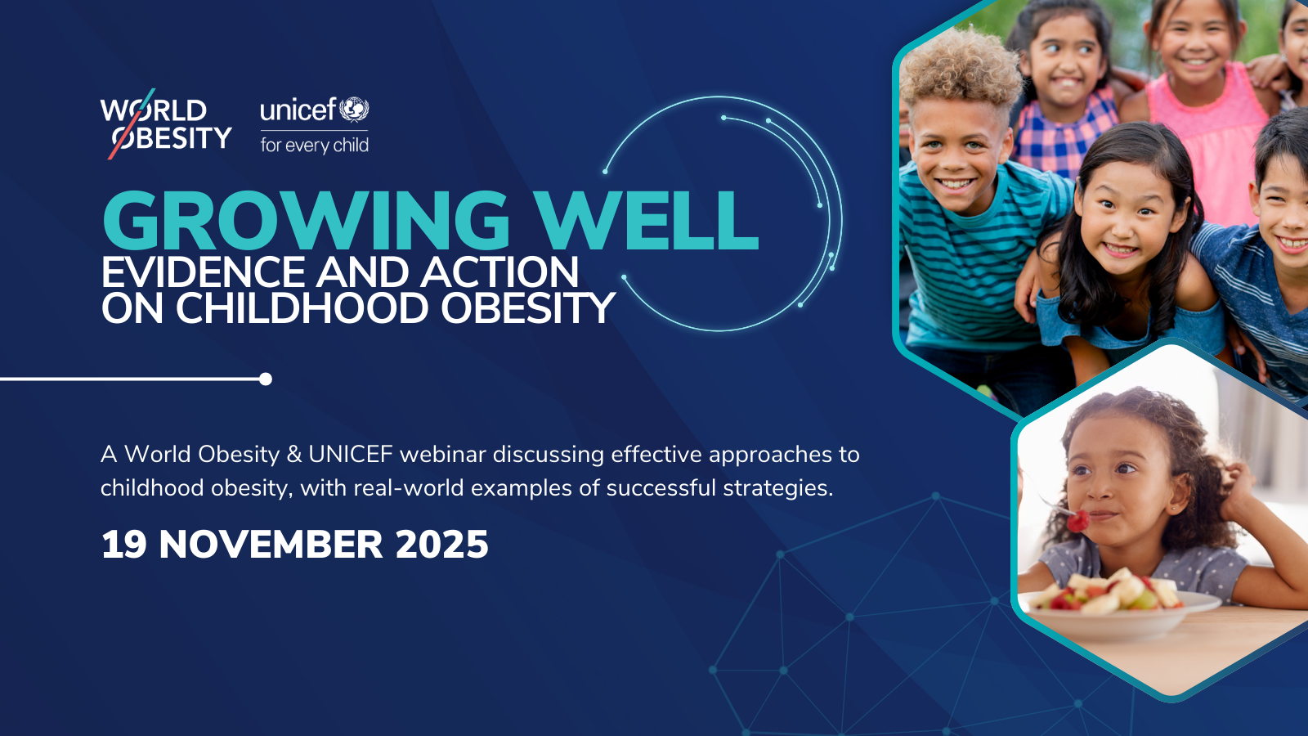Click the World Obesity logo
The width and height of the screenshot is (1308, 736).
tap(166, 123)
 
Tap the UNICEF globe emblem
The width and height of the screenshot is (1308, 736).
tap(355, 110)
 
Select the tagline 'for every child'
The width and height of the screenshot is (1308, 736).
tap(314, 145)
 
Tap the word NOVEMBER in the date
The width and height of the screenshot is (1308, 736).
tap(271, 545)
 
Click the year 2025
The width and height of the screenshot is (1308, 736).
tap(441, 545)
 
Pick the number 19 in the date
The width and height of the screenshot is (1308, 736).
tap(123, 545)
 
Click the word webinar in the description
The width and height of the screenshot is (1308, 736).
tap(442, 455)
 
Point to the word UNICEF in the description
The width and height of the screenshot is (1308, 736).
tap(351, 455)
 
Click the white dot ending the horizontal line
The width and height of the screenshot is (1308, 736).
tap(266, 379)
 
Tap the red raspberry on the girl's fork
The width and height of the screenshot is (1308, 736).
tap(1078, 521)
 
